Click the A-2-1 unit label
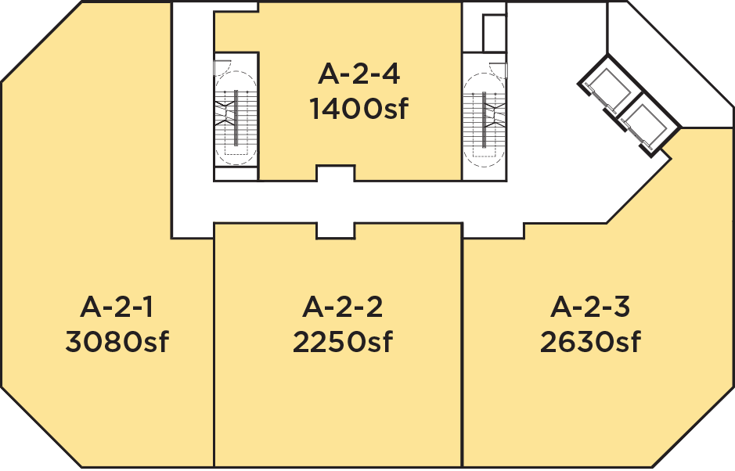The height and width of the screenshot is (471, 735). (117, 307)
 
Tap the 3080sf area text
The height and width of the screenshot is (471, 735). (117, 342)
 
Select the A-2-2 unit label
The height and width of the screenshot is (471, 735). (343, 307)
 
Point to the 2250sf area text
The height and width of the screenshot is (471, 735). (343, 342)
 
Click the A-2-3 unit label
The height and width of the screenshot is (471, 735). (590, 307)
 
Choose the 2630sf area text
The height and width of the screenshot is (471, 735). (590, 342)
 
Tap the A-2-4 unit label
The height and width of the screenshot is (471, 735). (359, 74)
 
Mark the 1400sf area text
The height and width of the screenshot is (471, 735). (359, 109)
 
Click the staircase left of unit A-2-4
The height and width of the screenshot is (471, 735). (236, 118)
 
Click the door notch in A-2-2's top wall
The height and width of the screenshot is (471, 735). (335, 231)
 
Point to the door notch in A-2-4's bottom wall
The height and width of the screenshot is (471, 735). (335, 173)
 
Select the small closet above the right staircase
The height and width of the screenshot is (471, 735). (495, 33)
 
